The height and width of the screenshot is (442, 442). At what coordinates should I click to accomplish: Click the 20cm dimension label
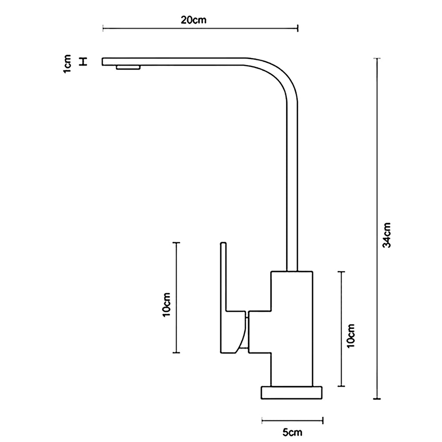194,20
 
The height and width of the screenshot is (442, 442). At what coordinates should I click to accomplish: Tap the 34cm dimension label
387,235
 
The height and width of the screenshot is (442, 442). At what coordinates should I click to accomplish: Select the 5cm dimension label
292,431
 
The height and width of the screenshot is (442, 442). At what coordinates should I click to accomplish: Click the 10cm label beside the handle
167,304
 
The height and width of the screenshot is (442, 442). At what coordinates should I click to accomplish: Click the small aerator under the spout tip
128,67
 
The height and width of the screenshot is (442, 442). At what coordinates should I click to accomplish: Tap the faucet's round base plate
292,392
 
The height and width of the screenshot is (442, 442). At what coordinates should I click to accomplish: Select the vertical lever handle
223,276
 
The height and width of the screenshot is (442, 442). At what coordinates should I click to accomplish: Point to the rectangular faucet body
291,328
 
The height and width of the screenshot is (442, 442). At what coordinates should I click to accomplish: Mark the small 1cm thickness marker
84,62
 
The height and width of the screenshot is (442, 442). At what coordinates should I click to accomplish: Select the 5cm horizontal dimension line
292,420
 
